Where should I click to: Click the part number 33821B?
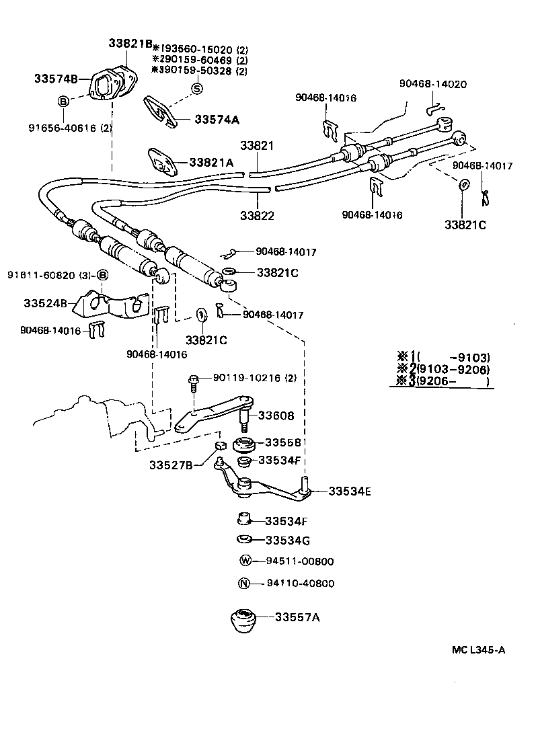130,43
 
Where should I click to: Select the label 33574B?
56,78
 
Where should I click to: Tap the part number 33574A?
217,120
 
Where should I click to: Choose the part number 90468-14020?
432,84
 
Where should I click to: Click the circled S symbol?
197,89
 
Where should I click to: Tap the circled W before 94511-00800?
245,561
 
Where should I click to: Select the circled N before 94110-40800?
245,583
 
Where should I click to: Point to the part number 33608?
276,415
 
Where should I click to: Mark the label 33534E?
350,491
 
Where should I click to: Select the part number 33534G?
287,540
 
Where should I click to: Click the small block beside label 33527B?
219,447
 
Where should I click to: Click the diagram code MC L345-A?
478,650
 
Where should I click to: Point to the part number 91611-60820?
43,275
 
